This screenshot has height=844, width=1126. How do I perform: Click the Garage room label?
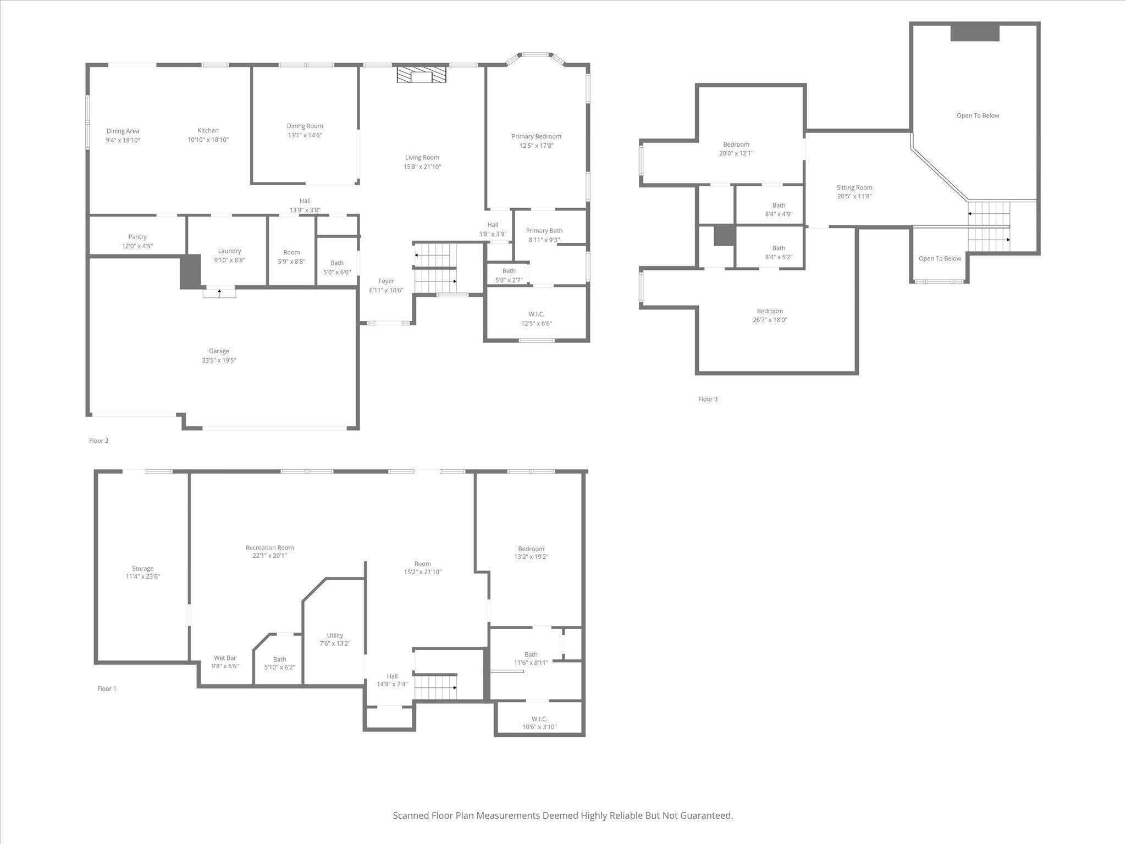219,351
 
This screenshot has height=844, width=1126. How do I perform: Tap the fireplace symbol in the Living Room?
422,75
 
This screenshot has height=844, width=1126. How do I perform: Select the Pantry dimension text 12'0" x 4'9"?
137,246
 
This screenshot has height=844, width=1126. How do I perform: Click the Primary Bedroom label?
536,136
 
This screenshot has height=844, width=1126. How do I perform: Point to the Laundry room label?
229,251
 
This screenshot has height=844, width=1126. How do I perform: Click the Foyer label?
386,281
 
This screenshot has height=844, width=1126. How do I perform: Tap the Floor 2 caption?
99,441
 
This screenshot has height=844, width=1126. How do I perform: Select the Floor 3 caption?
708,399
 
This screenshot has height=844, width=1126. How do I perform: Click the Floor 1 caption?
107,688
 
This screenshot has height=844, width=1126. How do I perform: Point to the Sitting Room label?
854,187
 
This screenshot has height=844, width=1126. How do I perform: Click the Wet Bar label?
225,658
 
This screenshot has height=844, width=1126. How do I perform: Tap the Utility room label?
335,635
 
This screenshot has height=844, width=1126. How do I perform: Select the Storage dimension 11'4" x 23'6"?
143,576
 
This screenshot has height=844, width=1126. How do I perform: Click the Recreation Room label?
269,547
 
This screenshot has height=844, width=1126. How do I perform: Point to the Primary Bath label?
544,231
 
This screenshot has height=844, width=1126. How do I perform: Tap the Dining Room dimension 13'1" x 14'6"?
305,135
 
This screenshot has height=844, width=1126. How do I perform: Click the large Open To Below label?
978,115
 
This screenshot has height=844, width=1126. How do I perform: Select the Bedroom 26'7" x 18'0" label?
770,315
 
